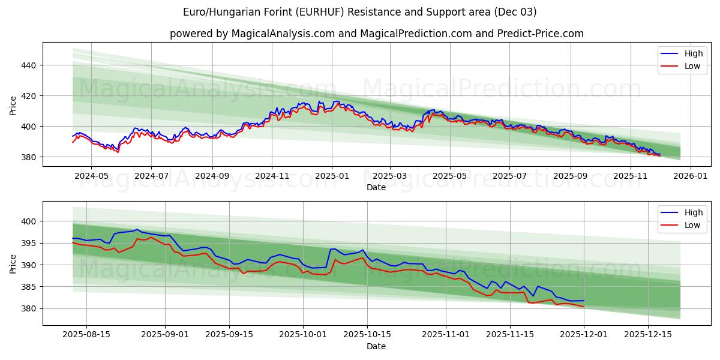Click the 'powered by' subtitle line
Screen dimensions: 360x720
pos(376,34)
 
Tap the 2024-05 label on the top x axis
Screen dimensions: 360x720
pos(91,176)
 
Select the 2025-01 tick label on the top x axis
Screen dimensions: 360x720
pos(332,176)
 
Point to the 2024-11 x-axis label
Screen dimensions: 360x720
pos(272,176)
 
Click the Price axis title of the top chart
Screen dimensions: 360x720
pos(13,106)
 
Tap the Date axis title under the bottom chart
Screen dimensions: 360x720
pos(376,346)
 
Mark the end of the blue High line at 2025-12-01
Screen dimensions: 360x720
pos(584,301)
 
